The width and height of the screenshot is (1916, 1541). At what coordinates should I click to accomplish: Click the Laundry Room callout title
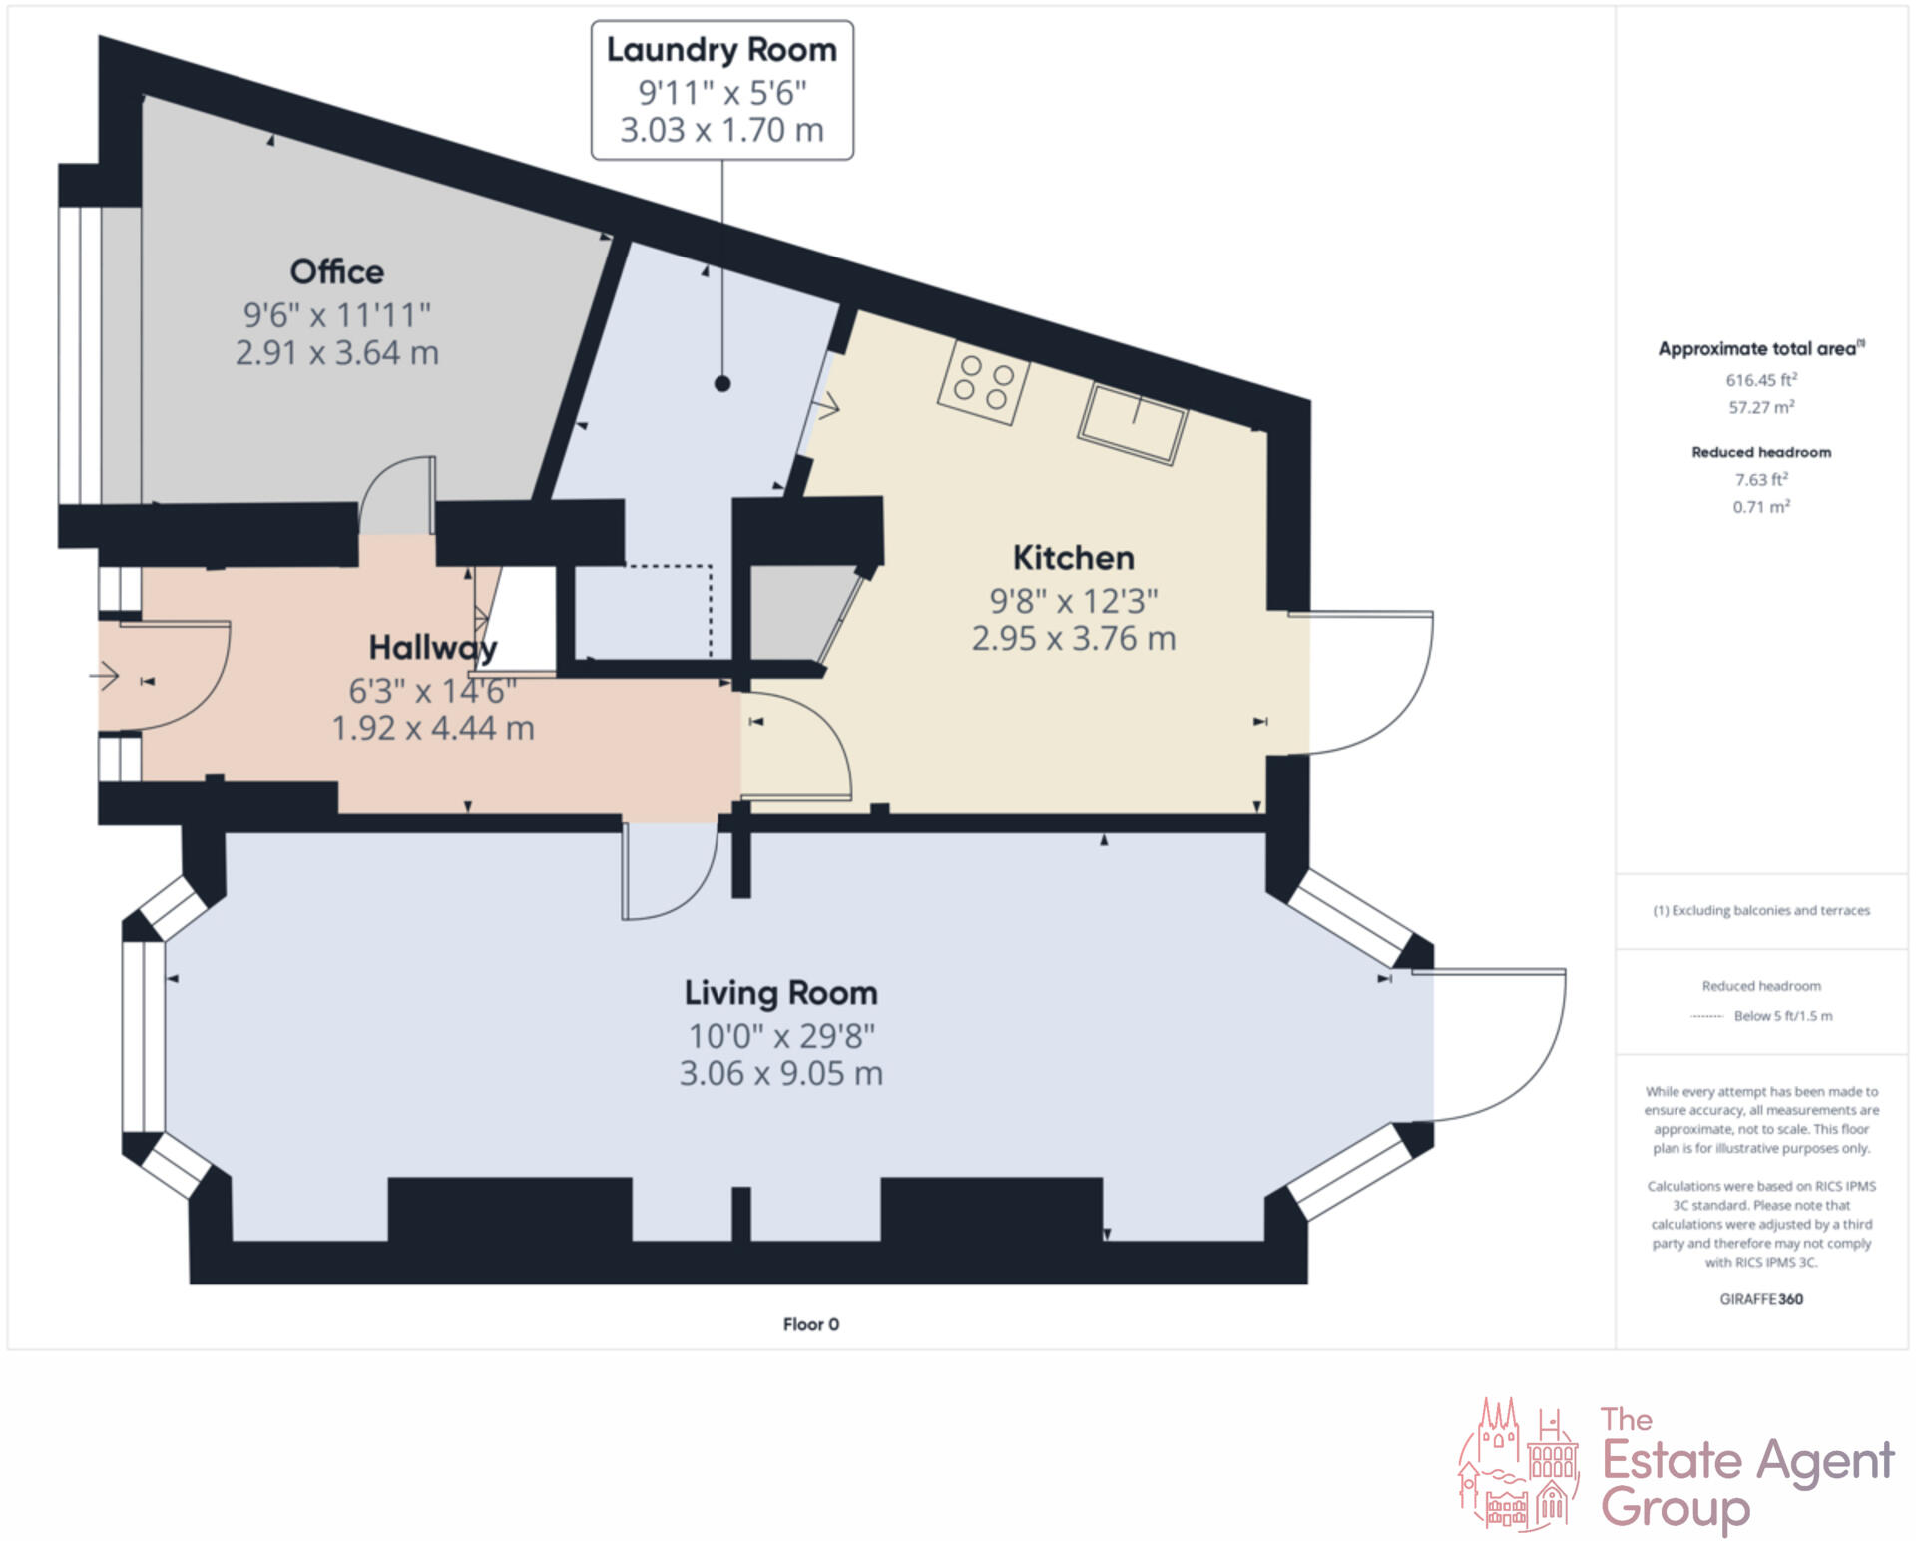tap(721, 50)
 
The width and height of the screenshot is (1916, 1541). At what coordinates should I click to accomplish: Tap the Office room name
tap(336, 271)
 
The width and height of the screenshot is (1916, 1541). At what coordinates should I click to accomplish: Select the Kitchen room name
tap(1073, 557)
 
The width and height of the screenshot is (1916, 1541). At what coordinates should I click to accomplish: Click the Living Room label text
tap(780, 993)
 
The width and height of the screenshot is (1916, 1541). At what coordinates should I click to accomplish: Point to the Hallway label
tap(432, 648)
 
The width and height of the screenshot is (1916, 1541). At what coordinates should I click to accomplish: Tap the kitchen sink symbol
tap(1132, 423)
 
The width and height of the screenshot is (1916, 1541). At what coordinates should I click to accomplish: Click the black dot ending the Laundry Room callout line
tap(722, 383)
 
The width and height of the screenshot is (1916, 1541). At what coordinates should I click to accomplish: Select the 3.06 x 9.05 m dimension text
tap(780, 1074)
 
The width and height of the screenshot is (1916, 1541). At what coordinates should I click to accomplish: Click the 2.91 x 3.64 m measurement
tap(336, 353)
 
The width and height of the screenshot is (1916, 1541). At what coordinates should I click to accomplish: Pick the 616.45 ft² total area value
tap(1761, 380)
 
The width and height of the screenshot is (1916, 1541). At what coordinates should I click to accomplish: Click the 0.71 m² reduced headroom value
tap(1761, 507)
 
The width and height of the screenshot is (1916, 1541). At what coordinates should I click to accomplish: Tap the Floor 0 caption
tap(810, 1324)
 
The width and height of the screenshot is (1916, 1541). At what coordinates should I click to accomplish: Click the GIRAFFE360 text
tap(1761, 1299)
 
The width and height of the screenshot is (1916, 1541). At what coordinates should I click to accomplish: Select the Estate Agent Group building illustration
tap(1519, 1464)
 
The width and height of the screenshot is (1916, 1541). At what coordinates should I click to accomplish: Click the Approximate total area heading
tap(1760, 349)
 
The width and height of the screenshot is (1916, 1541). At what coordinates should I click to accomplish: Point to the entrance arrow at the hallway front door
tap(104, 677)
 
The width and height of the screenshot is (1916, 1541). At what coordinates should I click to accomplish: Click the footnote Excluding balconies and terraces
tap(1761, 910)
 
